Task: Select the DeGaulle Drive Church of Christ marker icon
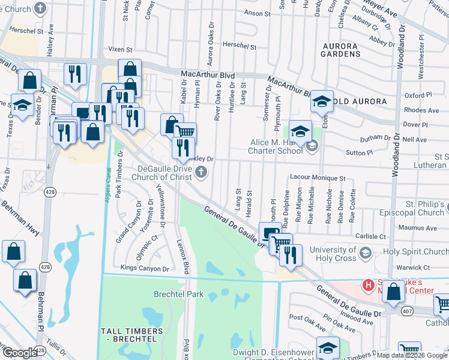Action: point(202,173)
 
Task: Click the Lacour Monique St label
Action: point(318,178)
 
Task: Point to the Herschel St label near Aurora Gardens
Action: point(240,46)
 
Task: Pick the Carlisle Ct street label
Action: point(370,236)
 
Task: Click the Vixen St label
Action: point(119,50)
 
